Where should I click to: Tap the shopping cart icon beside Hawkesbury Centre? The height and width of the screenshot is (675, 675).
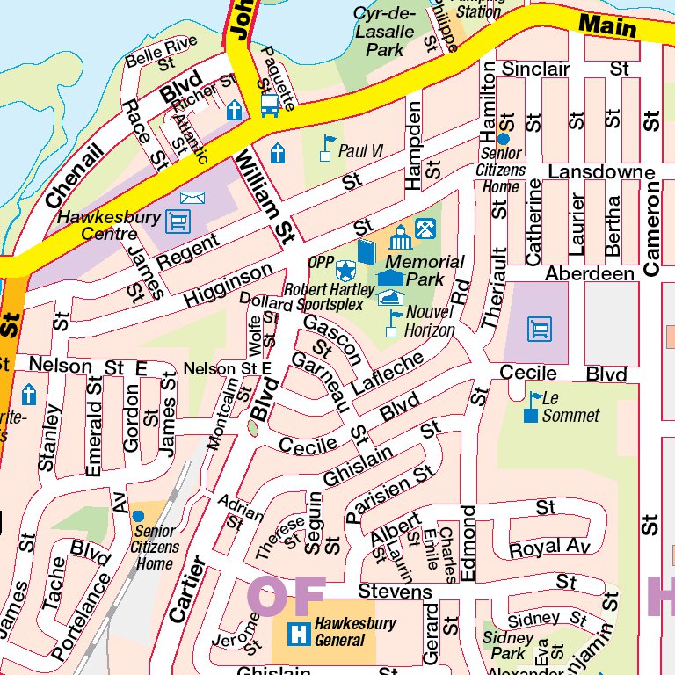pos(178,220)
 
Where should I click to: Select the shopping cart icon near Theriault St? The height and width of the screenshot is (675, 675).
pos(540,330)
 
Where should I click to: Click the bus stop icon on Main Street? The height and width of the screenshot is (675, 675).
pos(270,106)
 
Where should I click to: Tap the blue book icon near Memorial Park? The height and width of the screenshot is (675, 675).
pos(366,254)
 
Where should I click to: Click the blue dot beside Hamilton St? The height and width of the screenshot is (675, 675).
pos(503,138)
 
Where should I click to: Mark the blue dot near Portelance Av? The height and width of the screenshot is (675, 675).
pos(138,515)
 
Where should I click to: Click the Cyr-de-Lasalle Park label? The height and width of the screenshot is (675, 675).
pos(383,33)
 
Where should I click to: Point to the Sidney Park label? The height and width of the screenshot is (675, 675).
pos(508,645)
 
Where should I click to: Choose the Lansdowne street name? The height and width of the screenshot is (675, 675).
pos(602,171)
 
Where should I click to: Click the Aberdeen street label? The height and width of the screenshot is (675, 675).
pos(590,274)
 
